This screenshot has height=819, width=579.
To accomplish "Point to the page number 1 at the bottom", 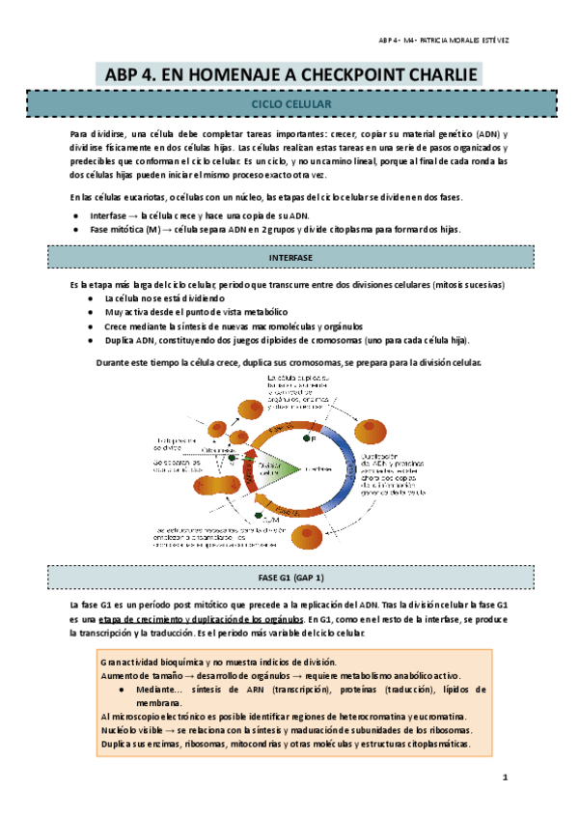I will (504, 777).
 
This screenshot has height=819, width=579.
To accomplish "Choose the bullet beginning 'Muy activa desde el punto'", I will (188, 313).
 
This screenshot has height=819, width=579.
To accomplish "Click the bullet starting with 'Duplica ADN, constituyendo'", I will (280, 341).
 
